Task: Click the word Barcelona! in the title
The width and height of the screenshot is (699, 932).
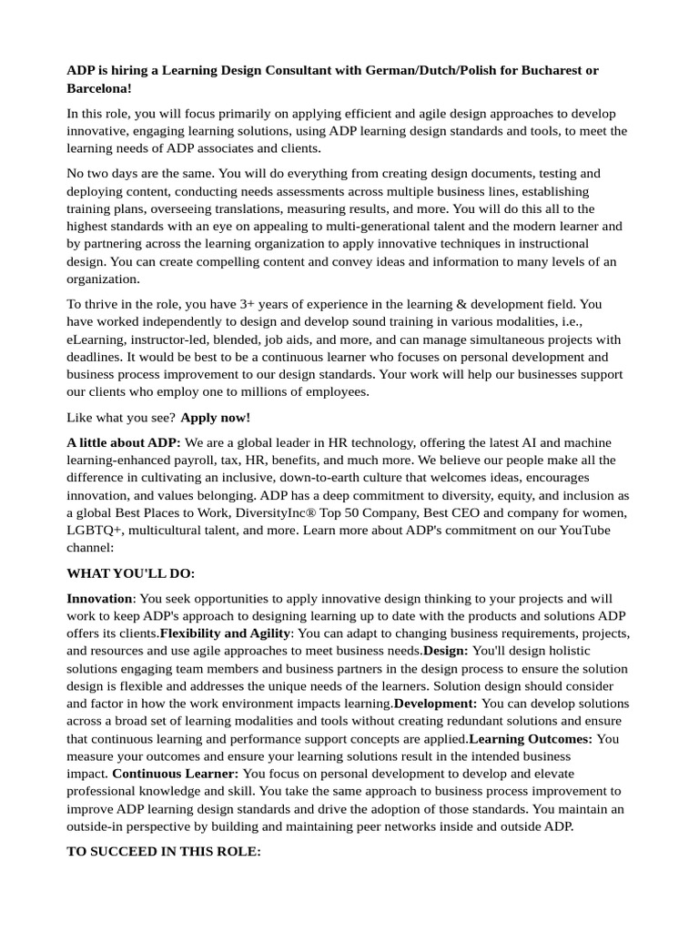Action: (99, 88)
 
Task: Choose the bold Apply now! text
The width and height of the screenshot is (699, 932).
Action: (215, 418)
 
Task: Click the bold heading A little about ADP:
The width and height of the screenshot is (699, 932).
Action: (124, 442)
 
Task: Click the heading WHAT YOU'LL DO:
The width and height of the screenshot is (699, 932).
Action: (131, 573)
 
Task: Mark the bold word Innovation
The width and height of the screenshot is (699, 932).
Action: (100, 598)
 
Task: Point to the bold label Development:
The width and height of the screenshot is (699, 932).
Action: (435, 704)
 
